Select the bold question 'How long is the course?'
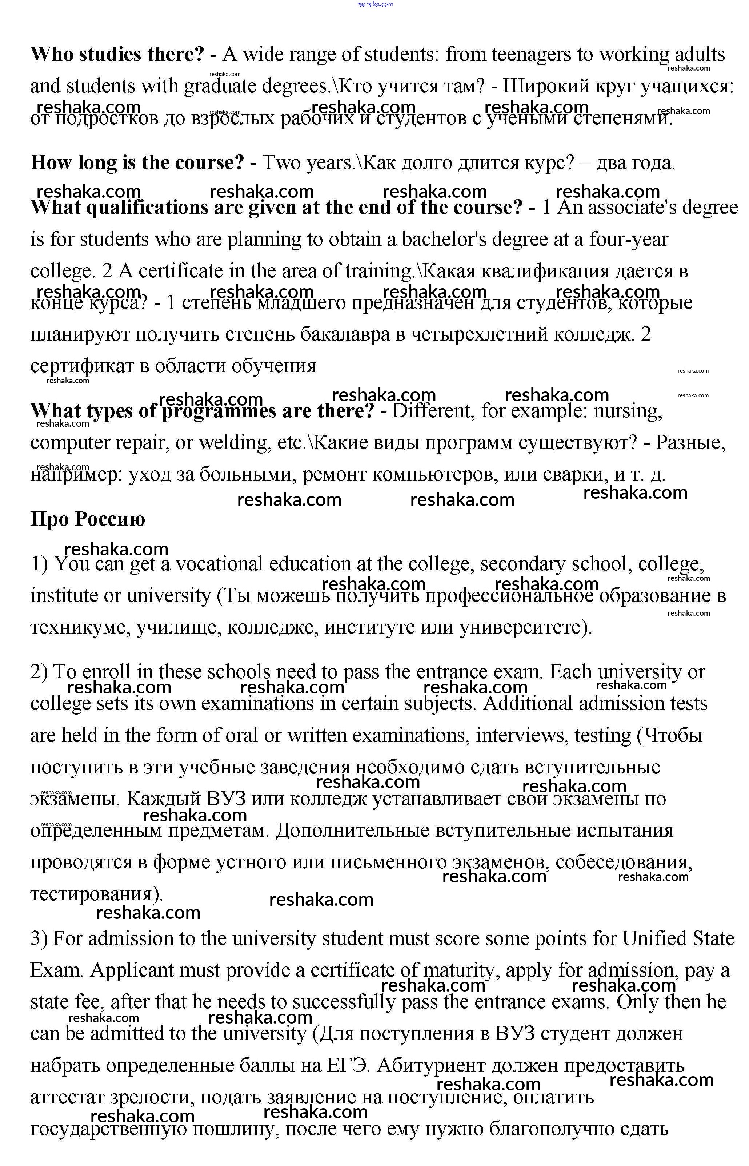[x=137, y=162]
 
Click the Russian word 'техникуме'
[x=80, y=627]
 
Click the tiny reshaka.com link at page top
[x=374, y=4]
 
